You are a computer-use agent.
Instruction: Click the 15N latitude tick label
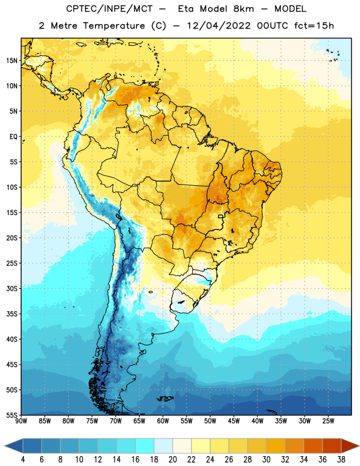12,61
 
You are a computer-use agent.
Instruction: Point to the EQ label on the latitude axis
13,137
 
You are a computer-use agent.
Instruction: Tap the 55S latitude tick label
12,415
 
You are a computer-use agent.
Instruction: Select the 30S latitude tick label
12,288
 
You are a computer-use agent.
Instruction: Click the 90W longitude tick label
21,421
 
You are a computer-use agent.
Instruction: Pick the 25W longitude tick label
328,421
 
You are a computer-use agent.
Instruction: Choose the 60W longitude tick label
163,421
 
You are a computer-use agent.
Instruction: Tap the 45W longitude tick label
234,421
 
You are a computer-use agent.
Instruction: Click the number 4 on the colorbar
23,460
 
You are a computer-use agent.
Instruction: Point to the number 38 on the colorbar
341,460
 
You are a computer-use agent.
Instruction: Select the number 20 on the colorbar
172,460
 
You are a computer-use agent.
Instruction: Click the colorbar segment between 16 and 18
145,446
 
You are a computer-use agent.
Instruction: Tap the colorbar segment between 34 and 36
313,446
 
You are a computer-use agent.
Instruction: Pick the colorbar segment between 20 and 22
182,446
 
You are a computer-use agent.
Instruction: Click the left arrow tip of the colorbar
5,446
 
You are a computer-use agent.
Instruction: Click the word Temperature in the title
114,26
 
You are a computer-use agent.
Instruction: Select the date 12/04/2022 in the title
219,26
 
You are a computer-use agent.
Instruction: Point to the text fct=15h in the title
314,26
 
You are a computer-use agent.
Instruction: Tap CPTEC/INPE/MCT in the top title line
109,9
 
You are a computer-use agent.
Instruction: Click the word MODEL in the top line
290,9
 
